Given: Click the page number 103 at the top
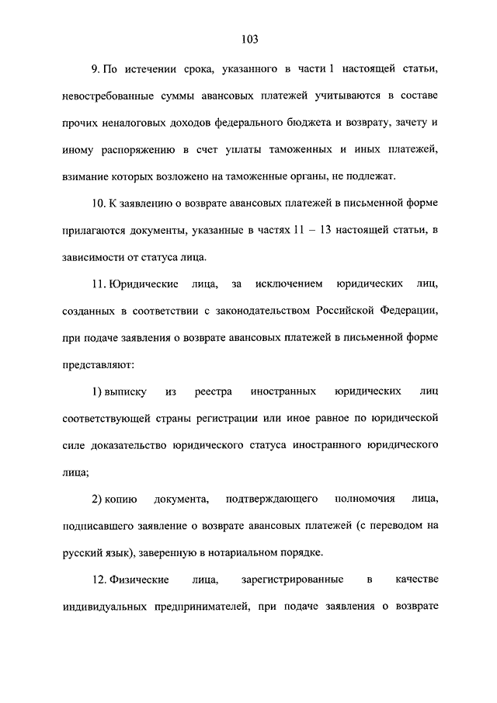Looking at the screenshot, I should coord(249,40).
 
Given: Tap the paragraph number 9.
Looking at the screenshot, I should coord(96,70).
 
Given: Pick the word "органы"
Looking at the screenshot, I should coord(311,176).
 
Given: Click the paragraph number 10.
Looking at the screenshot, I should coord(98,204).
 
